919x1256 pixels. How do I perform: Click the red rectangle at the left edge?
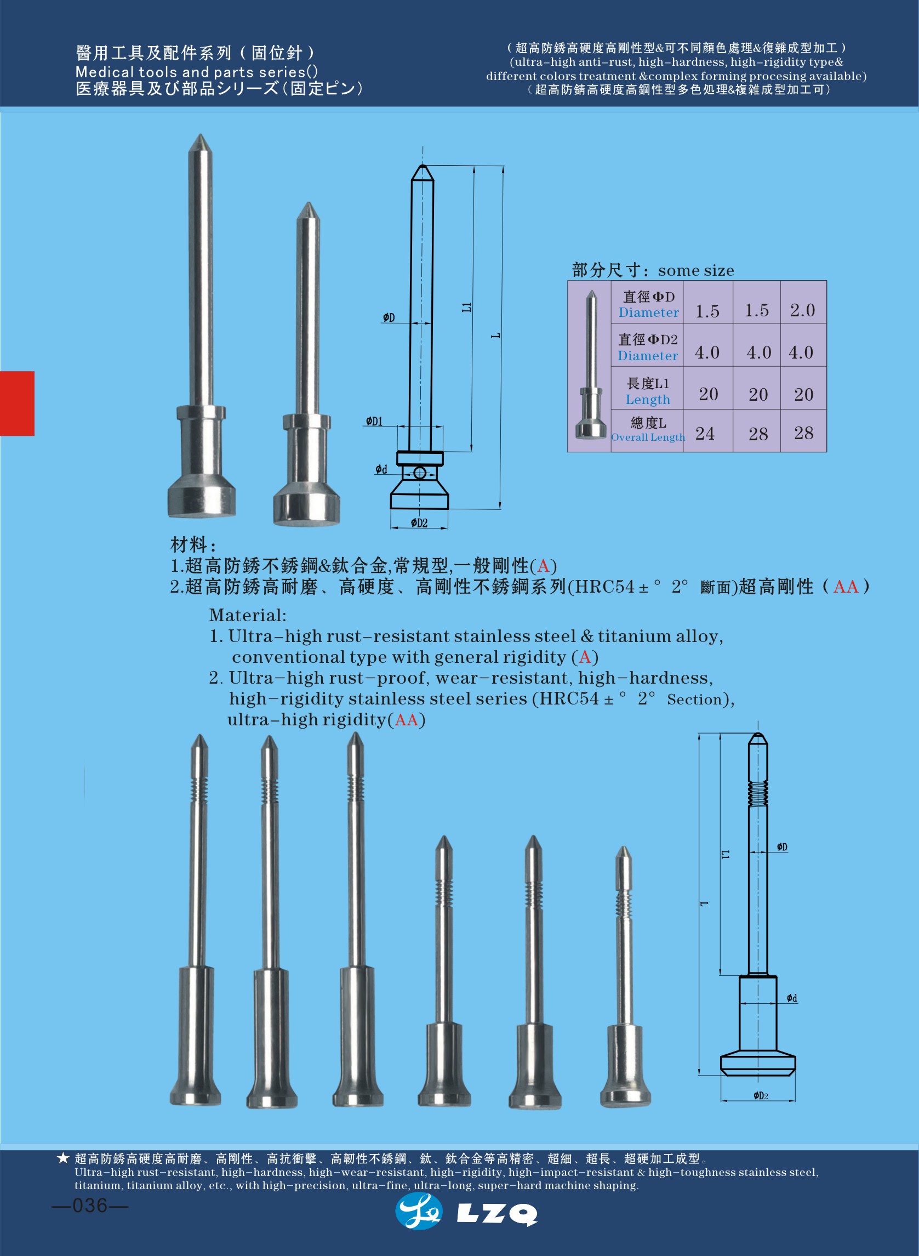coord(16,403)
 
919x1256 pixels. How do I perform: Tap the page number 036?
coord(89,1205)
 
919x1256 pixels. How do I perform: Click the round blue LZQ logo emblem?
coord(418,1212)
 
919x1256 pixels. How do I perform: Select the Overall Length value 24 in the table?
coord(705,434)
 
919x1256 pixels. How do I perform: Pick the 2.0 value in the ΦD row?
coord(802,310)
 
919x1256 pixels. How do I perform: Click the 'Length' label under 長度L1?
coord(648,400)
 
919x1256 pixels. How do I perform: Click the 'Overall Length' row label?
coord(648,437)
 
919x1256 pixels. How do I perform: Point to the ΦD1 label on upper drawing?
coord(374,421)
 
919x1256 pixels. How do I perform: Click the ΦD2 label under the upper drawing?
coord(419,523)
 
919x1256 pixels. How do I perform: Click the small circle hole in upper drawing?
coord(420,474)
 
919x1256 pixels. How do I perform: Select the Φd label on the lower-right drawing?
coord(792,998)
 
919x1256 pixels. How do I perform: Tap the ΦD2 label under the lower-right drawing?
coord(761,1096)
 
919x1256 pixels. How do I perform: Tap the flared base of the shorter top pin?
coord(306,507)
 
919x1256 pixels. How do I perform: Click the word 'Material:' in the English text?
coord(248,616)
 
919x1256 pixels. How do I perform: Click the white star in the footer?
coord(63,1158)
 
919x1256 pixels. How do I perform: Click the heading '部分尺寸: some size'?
coord(653,270)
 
